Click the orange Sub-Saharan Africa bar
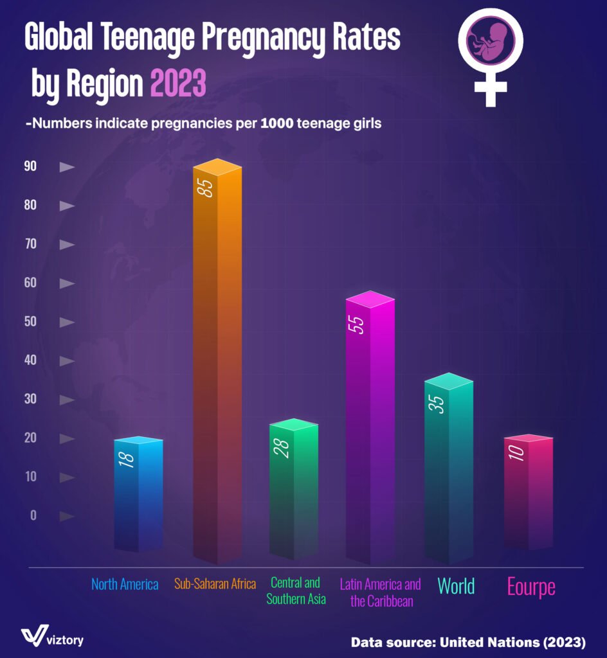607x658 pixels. [217, 360]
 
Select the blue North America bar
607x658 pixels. [138, 495]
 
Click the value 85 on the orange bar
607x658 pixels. [206, 188]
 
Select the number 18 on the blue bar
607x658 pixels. [127, 459]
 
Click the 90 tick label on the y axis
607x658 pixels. [30, 166]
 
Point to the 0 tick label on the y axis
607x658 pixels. [33, 515]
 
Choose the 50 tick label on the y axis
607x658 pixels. [30, 322]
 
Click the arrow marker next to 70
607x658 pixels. [67, 245]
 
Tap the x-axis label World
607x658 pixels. [456, 586]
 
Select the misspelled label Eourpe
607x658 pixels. [531, 587]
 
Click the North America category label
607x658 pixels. [125, 585]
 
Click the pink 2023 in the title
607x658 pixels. [177, 84]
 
